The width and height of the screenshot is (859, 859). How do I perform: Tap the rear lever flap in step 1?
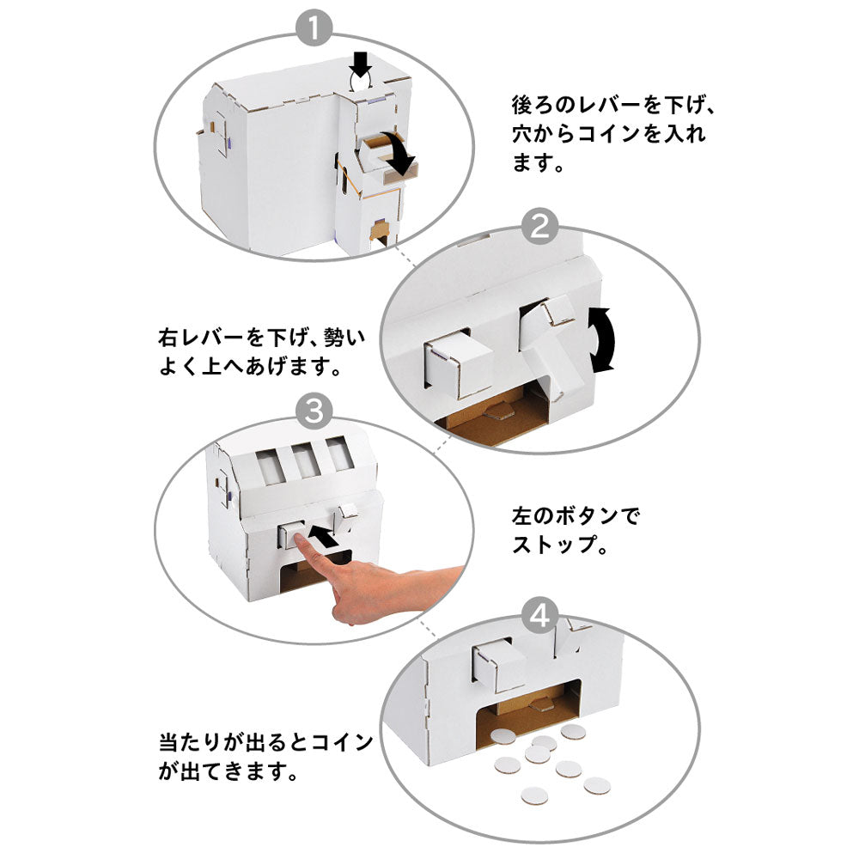(x=375, y=155)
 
